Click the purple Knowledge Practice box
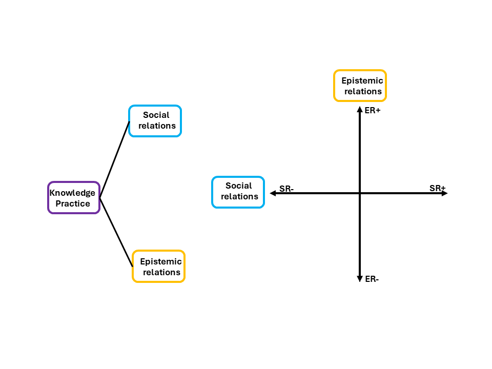pos(73,198)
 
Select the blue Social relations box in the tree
pos(155,121)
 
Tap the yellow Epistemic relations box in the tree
pos(159,266)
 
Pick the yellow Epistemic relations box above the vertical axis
pos(360,86)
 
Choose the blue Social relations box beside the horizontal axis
pos(238,192)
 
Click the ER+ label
pos(373,110)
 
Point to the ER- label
pos(372,279)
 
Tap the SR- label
pos(286,189)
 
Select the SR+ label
pos(437,188)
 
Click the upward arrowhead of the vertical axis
pos(360,109)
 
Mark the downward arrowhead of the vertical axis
pos(360,278)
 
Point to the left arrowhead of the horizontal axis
pos(273,193)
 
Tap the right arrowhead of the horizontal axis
pos(444,193)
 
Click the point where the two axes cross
pos(360,193)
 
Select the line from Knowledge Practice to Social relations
pos(114,159)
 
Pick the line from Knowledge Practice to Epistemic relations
pos(116,232)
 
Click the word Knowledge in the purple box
pos(72,193)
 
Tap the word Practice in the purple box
pos(73,203)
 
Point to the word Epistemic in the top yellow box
pos(362,80)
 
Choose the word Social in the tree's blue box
pos(156,115)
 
